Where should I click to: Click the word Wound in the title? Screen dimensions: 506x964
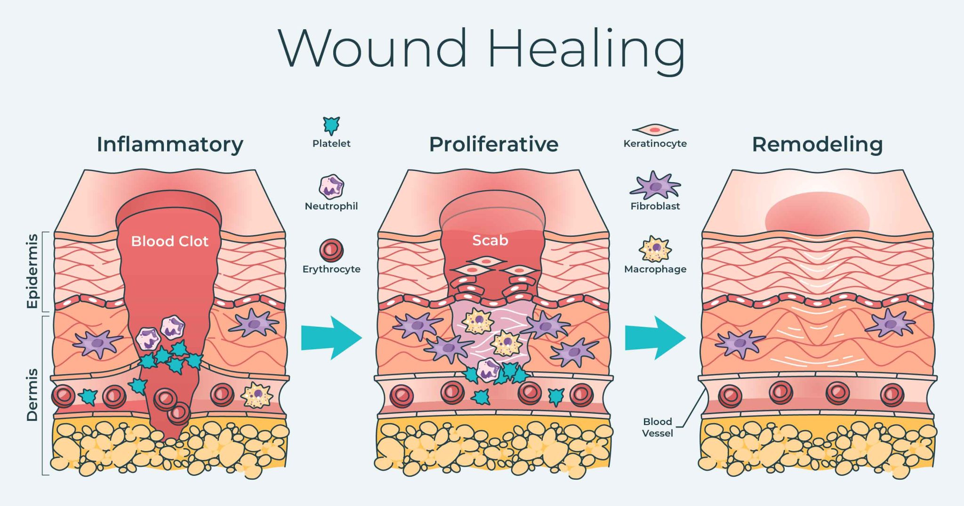point(372,48)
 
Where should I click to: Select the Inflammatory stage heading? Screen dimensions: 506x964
point(170,144)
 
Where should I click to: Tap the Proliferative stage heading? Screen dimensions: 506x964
point(493,144)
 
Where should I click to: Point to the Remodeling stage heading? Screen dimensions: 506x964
point(817,144)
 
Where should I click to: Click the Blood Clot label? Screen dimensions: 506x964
point(169,241)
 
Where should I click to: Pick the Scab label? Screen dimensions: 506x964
point(490,241)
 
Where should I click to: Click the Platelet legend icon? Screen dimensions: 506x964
point(331,125)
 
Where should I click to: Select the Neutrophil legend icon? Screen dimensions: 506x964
point(331,186)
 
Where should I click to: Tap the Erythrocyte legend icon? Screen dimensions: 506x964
point(331,250)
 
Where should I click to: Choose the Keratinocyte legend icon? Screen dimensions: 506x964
point(655,129)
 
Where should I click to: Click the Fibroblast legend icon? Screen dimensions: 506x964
point(655,185)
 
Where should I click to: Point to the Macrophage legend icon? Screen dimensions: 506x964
point(655,249)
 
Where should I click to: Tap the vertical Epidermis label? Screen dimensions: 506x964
point(32,271)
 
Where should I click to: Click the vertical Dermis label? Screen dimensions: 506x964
point(32,394)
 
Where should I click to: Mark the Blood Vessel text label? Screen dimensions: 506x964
point(657,427)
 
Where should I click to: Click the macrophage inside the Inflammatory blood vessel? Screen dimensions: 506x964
point(257,395)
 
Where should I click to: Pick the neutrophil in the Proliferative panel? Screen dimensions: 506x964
point(489,369)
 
